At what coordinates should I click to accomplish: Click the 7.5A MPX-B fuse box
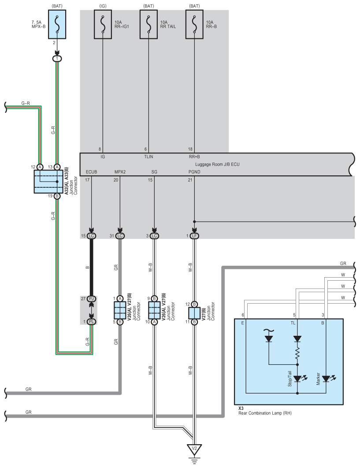[x=57, y=25]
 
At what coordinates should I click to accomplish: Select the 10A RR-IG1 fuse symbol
[x=103, y=25]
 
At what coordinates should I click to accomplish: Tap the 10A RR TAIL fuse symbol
[x=148, y=25]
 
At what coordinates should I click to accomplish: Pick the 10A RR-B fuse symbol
[x=194, y=25]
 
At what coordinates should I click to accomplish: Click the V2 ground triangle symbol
[x=194, y=449]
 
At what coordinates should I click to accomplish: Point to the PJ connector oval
[x=91, y=299]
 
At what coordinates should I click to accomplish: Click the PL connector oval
[x=91, y=322]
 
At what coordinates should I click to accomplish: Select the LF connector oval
[x=194, y=236]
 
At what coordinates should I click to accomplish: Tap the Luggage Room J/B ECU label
[x=217, y=164]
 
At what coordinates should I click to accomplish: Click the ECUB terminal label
[x=91, y=172]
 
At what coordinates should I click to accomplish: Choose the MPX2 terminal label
[x=120, y=172]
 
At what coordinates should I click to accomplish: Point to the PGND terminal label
[x=194, y=172]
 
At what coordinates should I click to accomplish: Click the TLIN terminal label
[x=148, y=157]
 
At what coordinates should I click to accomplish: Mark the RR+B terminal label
[x=194, y=157]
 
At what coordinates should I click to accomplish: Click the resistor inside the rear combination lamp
[x=297, y=354]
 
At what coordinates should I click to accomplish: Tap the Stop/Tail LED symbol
[x=298, y=379]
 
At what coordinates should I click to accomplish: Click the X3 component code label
[x=241, y=409]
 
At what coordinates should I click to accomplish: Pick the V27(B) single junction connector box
[x=194, y=313]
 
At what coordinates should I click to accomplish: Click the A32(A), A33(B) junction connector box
[x=48, y=182]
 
